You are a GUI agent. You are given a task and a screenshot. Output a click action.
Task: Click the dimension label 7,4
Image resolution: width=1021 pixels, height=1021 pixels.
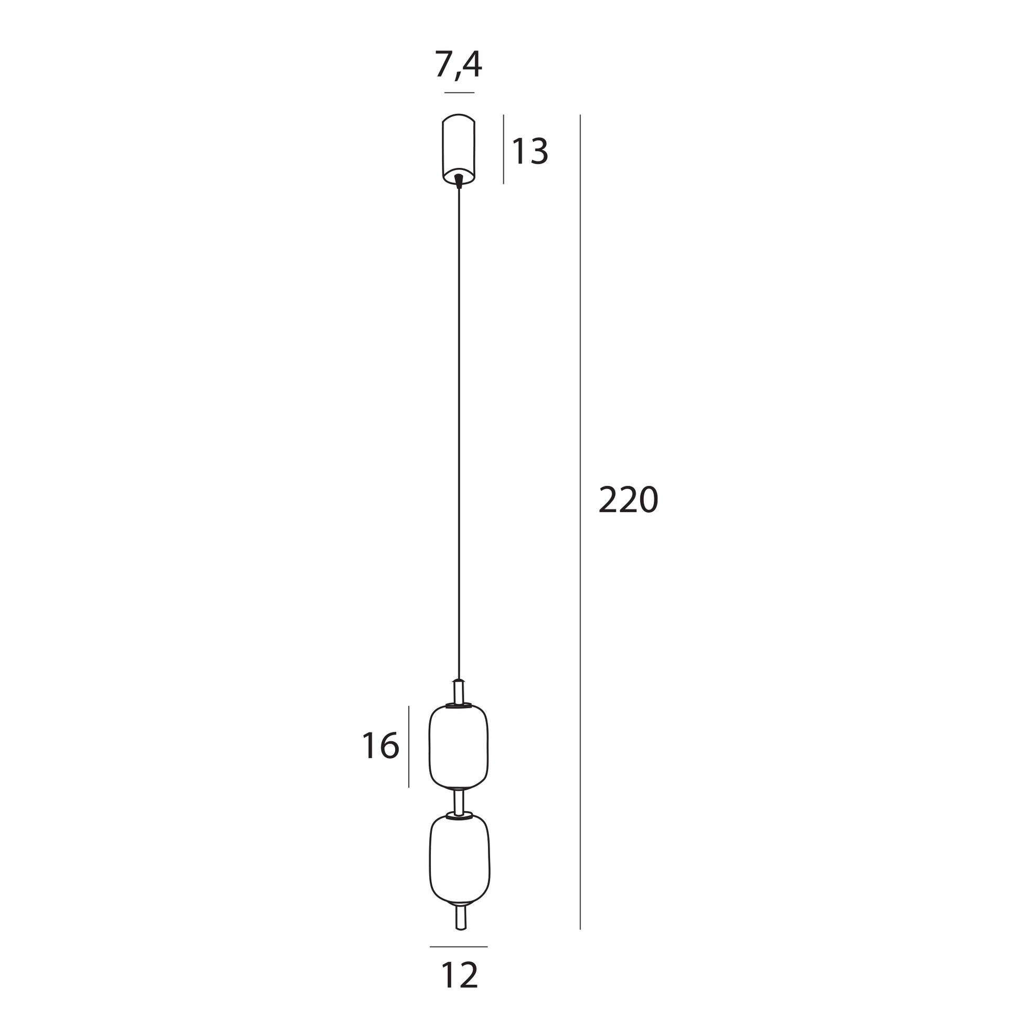pyautogui.click(x=458, y=65)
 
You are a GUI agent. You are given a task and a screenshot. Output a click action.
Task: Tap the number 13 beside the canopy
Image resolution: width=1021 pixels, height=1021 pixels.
pyautogui.click(x=530, y=151)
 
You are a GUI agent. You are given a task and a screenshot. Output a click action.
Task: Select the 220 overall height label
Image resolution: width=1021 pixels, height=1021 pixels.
pyautogui.click(x=629, y=499)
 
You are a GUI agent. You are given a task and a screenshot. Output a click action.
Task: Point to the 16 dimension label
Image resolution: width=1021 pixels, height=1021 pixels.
pyautogui.click(x=380, y=746)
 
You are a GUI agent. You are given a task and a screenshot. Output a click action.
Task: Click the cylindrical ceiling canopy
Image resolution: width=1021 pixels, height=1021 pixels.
pyautogui.click(x=458, y=150)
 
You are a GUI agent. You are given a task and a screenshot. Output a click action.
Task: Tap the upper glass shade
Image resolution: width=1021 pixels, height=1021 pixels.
pyautogui.click(x=458, y=747)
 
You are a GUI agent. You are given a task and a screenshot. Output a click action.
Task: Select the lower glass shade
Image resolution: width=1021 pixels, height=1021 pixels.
pyautogui.click(x=459, y=859)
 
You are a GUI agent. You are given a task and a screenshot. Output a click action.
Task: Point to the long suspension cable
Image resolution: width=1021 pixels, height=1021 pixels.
pyautogui.click(x=459, y=433)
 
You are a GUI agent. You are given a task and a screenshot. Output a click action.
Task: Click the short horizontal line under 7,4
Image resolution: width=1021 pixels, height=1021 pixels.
pyautogui.click(x=459, y=93)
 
